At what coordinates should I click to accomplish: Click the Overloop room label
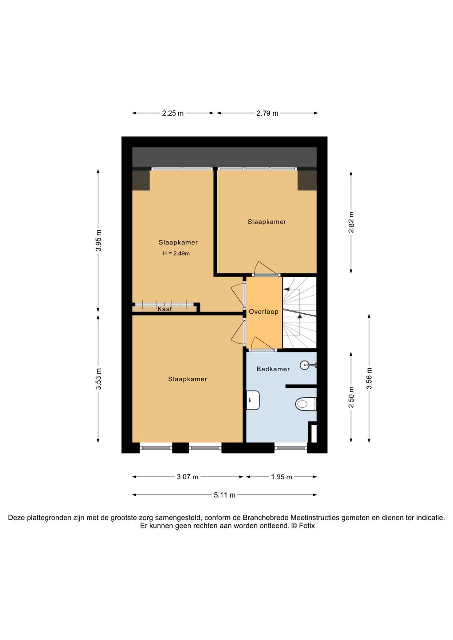point(263,312)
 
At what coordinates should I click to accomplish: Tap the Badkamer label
point(273,369)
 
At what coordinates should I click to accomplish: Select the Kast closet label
point(164,309)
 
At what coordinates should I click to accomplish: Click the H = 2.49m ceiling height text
point(176,253)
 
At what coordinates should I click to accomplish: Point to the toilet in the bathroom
point(305,404)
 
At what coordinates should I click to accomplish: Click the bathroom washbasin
point(253,400)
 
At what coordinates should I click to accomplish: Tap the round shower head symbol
point(304,365)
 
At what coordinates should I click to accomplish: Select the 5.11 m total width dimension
point(225,495)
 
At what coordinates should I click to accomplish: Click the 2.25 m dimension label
point(173,113)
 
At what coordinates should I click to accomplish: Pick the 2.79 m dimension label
point(267,113)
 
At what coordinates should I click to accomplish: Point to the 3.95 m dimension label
point(98,240)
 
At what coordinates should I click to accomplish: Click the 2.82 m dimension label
point(351,222)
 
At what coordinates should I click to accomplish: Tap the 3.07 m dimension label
point(187,477)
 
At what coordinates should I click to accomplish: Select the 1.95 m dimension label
point(281,477)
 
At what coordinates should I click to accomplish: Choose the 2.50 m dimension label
point(351,397)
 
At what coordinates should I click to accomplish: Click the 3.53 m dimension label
point(98,379)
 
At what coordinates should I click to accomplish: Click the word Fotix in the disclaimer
point(307,526)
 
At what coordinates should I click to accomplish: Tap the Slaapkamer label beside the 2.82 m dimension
point(267,222)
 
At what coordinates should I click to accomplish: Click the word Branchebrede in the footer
point(266,518)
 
